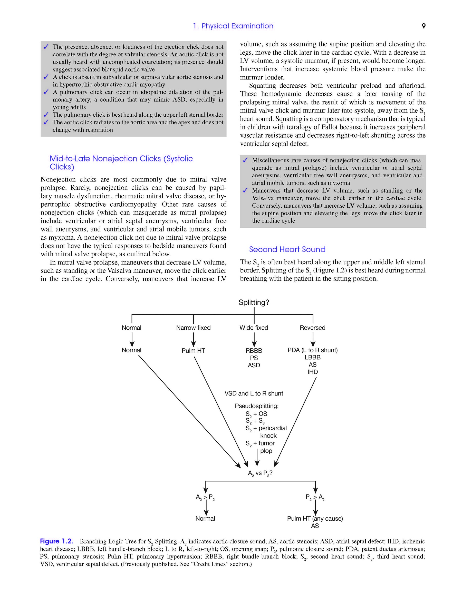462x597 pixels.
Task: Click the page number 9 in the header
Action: tap(423, 26)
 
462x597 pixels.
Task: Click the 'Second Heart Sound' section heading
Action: tap(287, 249)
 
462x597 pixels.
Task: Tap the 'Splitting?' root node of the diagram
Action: tap(254, 302)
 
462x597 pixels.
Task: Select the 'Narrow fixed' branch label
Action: tap(193, 328)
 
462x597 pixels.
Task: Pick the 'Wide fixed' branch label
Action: tap(254, 328)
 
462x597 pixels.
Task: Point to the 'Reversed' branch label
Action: tap(313, 328)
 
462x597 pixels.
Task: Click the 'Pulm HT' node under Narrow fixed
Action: tap(193, 350)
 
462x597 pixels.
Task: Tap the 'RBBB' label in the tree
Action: tap(254, 350)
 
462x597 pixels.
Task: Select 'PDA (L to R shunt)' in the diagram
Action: tap(313, 350)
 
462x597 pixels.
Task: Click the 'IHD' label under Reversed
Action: tap(313, 372)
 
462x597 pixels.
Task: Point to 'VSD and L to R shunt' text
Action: tap(254, 393)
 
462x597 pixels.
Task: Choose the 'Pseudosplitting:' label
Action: tap(256, 406)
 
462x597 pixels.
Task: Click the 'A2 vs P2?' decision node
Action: tap(260, 473)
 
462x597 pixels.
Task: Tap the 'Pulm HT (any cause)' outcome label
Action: tap(315, 519)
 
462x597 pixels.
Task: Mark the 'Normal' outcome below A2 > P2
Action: tap(205, 519)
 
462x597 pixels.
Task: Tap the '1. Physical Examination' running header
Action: tap(233, 26)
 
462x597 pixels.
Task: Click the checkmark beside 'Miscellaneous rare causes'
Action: tap(245, 160)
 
